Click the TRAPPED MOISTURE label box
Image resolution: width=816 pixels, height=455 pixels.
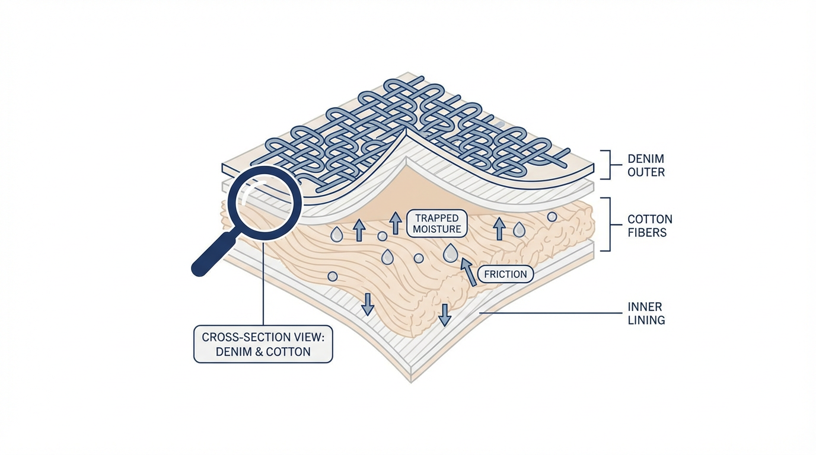coord(437,224)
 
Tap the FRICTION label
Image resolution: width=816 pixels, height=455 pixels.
coord(505,274)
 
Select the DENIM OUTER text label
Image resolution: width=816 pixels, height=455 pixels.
coord(646,166)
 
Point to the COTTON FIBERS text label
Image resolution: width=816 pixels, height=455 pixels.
coord(650,226)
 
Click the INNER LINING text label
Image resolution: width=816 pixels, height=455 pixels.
coord(646,313)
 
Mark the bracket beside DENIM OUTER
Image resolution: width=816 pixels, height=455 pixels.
coord(605,164)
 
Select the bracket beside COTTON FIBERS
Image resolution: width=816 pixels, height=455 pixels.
coord(605,224)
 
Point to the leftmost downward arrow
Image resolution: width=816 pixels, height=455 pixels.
coord(368,303)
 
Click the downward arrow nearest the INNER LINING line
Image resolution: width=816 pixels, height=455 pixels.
coord(444,315)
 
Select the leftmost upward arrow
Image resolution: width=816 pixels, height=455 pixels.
coord(359,230)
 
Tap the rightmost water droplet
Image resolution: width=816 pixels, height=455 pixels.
coord(519,229)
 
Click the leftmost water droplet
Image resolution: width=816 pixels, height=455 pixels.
coord(336,235)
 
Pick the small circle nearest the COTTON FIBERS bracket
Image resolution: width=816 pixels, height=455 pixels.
coord(552,217)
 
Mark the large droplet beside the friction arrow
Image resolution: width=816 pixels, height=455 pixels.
coord(451,254)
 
